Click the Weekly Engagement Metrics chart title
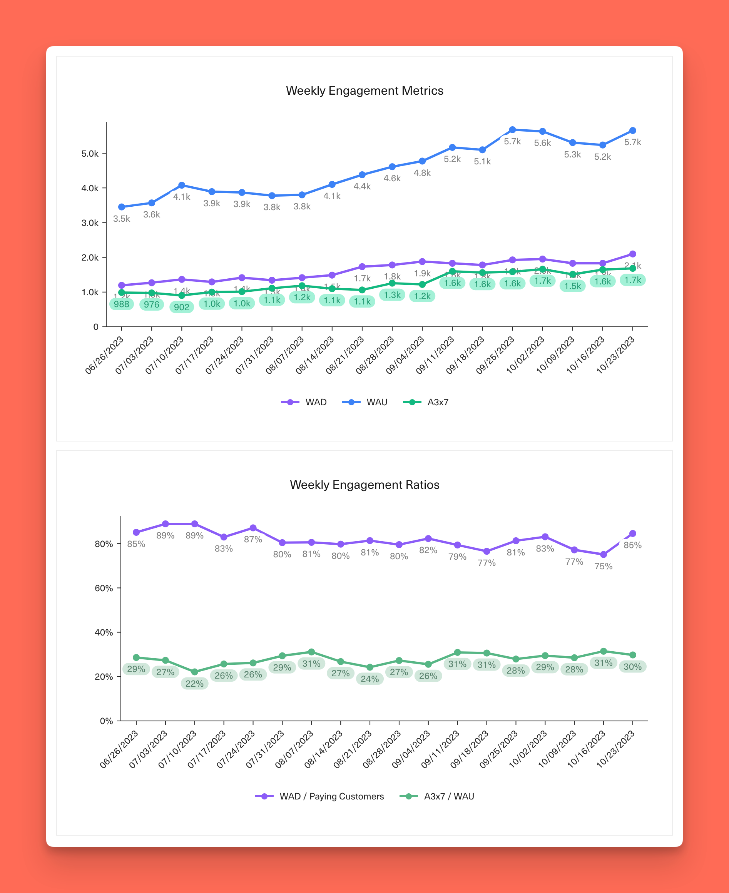click(364, 91)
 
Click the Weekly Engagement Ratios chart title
click(364, 485)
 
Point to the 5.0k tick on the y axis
click(90, 154)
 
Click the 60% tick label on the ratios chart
click(104, 588)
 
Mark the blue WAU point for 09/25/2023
click(512, 130)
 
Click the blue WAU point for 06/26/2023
click(122, 207)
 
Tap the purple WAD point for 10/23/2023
click(632, 254)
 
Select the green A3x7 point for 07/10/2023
click(182, 296)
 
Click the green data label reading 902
click(181, 307)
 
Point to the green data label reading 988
click(122, 304)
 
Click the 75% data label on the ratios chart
click(603, 566)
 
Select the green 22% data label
click(194, 684)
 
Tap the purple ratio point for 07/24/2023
click(253, 528)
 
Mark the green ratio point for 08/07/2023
click(311, 652)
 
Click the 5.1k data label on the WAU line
click(482, 161)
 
